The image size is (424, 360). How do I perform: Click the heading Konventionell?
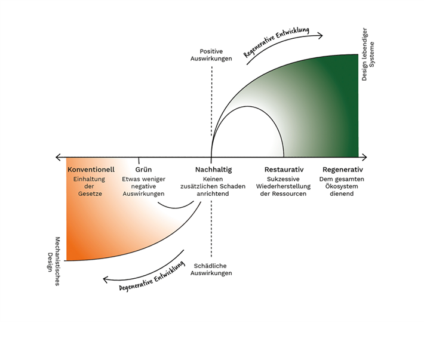point(91,170)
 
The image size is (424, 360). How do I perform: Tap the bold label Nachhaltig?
point(213,170)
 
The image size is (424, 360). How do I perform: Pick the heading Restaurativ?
point(284,170)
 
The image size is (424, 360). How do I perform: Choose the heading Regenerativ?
point(343,170)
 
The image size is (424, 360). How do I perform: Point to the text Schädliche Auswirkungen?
point(211,269)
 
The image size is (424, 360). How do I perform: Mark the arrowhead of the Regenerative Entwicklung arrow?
point(321,35)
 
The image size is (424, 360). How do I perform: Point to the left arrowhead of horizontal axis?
point(58,157)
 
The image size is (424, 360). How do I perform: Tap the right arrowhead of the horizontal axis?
point(364,157)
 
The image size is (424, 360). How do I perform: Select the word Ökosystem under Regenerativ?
point(342,186)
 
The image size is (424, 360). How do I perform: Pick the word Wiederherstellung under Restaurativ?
point(284,186)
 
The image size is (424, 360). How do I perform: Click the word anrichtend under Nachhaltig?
point(213,193)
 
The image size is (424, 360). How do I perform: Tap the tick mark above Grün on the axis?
point(139,159)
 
